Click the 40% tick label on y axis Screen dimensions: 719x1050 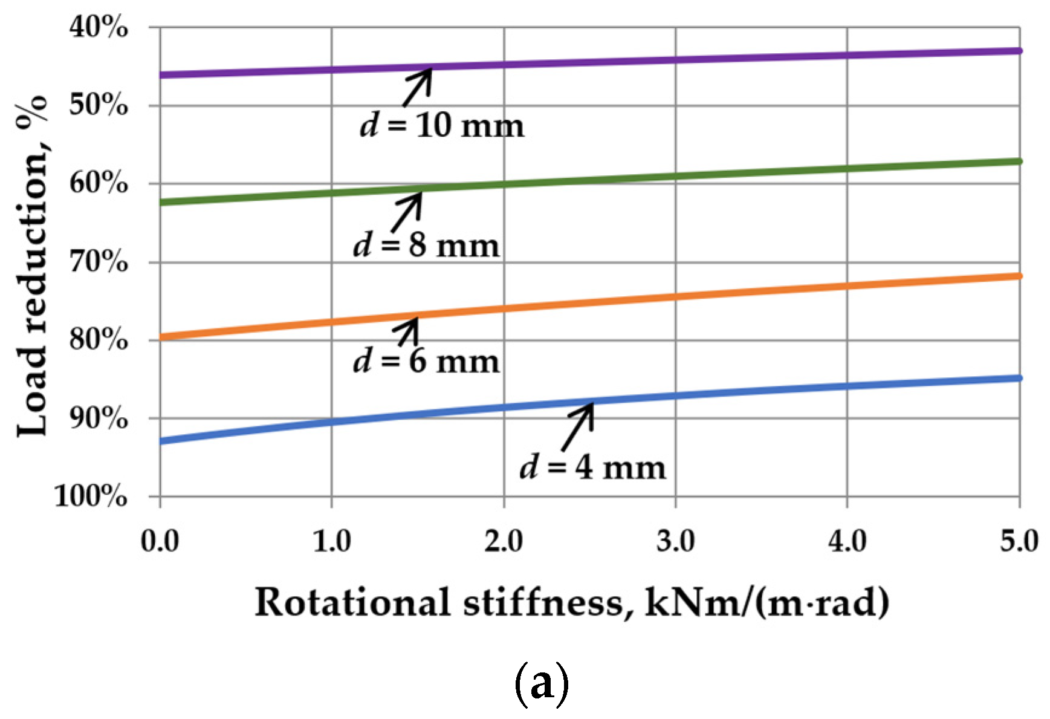99,27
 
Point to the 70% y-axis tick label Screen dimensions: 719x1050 99,262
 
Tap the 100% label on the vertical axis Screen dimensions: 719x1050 91,496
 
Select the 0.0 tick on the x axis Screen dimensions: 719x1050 160,541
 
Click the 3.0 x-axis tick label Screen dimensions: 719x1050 675,541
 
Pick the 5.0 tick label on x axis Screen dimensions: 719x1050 1019,541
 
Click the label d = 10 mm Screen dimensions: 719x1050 442,126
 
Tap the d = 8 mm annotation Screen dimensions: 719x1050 426,246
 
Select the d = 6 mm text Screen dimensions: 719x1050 426,361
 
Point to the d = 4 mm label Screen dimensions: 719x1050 592,467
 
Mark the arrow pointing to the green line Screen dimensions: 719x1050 407,212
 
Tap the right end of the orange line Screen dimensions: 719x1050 1019,276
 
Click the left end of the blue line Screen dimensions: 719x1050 161,441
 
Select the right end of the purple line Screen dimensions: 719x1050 1019,51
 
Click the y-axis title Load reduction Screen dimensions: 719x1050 31,266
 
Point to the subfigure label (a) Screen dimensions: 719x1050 541,684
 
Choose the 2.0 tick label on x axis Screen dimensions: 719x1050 504,541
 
